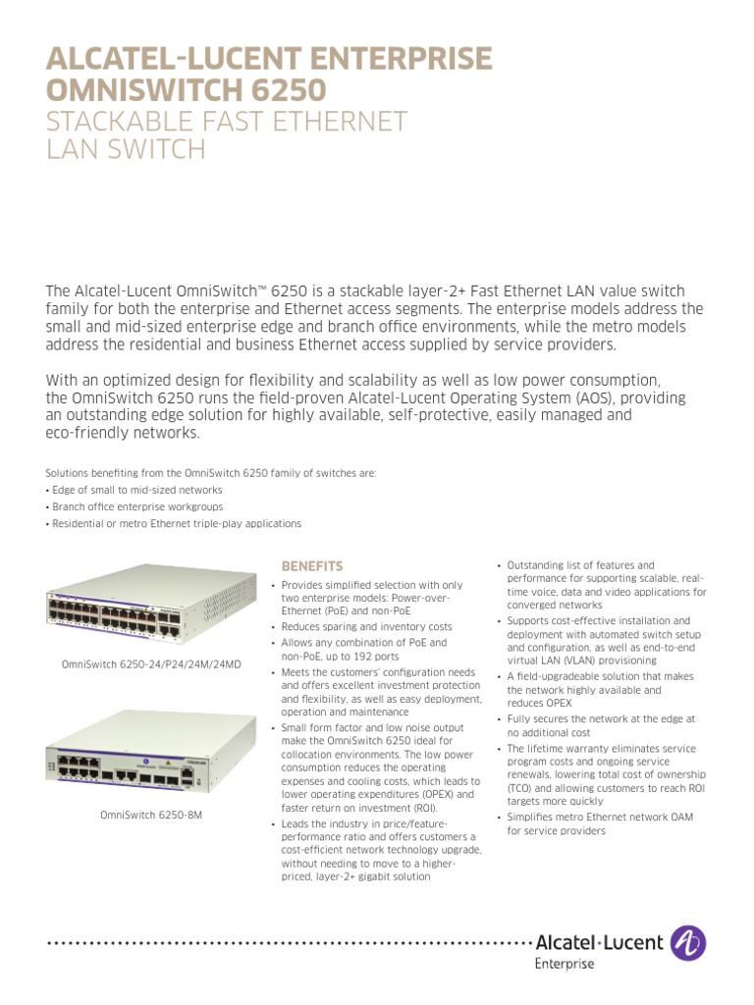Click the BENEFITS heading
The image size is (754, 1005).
[312, 566]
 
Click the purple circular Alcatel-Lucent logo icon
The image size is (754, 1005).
[687, 943]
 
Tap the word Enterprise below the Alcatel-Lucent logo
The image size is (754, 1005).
[565, 965]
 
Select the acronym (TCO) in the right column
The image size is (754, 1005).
[519, 788]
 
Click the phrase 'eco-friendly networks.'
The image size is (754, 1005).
[123, 433]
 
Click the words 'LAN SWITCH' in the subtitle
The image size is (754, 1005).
[127, 150]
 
